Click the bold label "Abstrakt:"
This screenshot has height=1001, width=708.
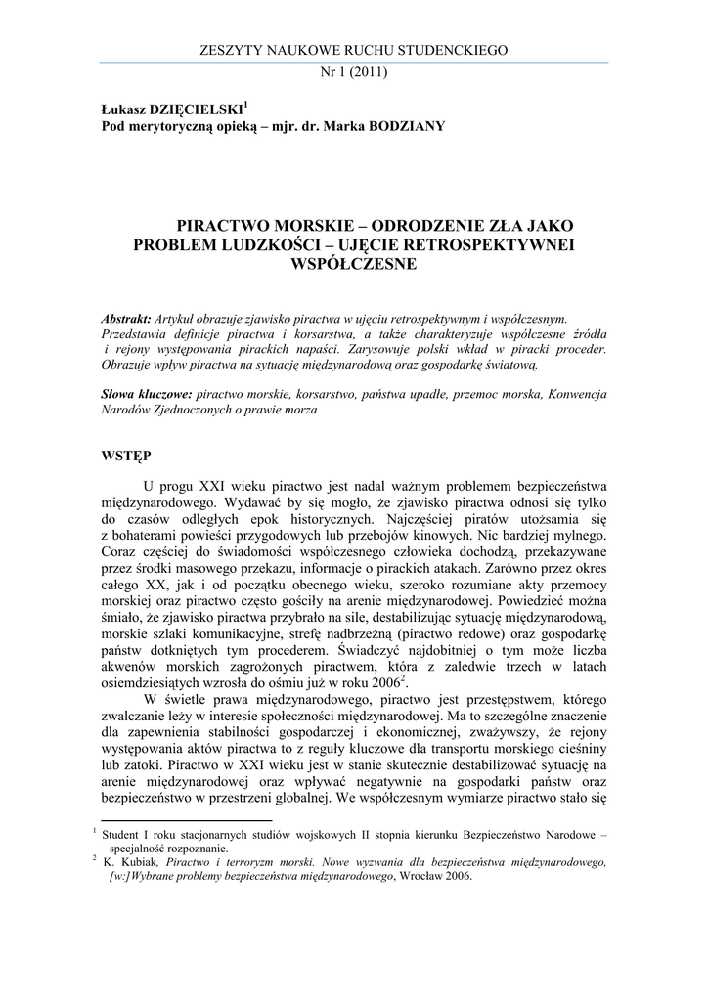click(126, 319)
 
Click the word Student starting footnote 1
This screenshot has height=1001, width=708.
click(126, 835)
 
